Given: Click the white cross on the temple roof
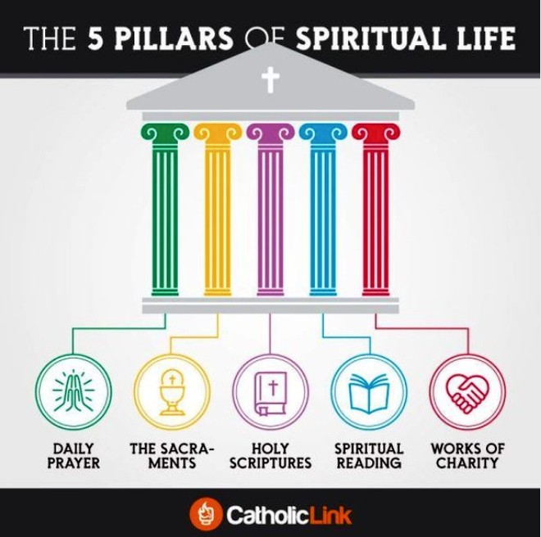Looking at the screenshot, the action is coord(270,80).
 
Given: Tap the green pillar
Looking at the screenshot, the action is coord(165,213).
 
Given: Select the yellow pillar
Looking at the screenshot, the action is coord(217,213).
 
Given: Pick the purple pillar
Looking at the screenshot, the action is coord(270,213).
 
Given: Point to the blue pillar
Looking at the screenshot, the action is coord(322,213).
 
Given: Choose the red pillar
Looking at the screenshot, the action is coord(375,213).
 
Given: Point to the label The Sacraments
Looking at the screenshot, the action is coord(171,456).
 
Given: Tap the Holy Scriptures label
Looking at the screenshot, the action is coord(270,456).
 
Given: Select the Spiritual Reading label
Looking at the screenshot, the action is coord(369,456).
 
